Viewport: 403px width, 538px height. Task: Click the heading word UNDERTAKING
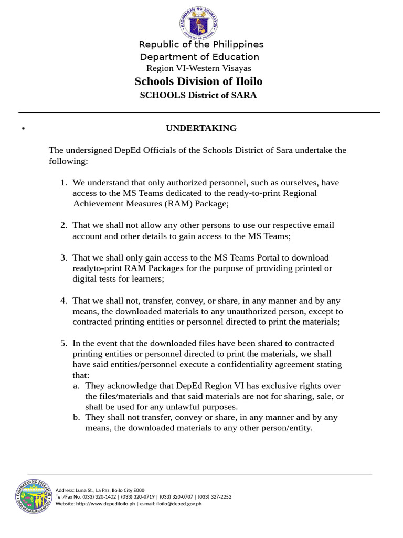pos(201,128)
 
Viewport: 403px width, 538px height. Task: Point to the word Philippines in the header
pos(234,44)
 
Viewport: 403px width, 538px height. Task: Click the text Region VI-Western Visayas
pos(198,68)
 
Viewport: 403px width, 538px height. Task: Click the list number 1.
pos(63,183)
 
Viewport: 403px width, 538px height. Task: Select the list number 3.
pos(63,257)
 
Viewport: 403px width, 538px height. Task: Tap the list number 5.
pos(63,343)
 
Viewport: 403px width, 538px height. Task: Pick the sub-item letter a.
pos(76,386)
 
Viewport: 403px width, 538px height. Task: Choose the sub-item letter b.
pos(76,417)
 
